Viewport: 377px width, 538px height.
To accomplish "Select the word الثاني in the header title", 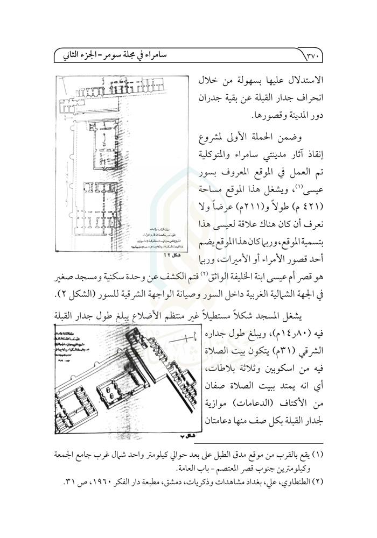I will (x=75, y=54).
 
